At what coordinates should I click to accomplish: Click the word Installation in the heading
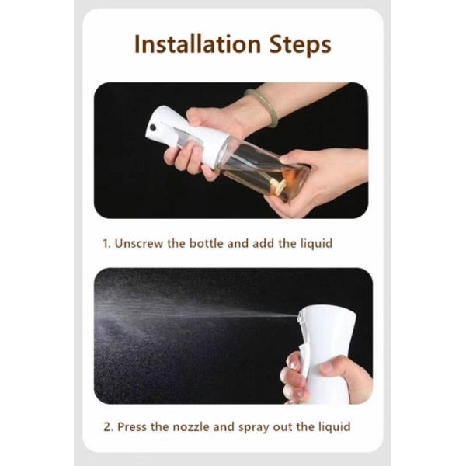point(196,44)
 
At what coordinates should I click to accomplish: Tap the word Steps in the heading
point(297,44)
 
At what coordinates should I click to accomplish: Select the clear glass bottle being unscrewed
point(260,167)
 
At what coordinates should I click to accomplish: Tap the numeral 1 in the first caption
point(106,243)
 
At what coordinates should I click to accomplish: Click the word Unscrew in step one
point(141,243)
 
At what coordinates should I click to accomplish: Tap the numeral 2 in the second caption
point(106,426)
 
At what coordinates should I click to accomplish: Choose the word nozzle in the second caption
point(196,426)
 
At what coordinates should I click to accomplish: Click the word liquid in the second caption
point(332,426)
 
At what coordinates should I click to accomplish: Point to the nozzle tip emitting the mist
point(300,315)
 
